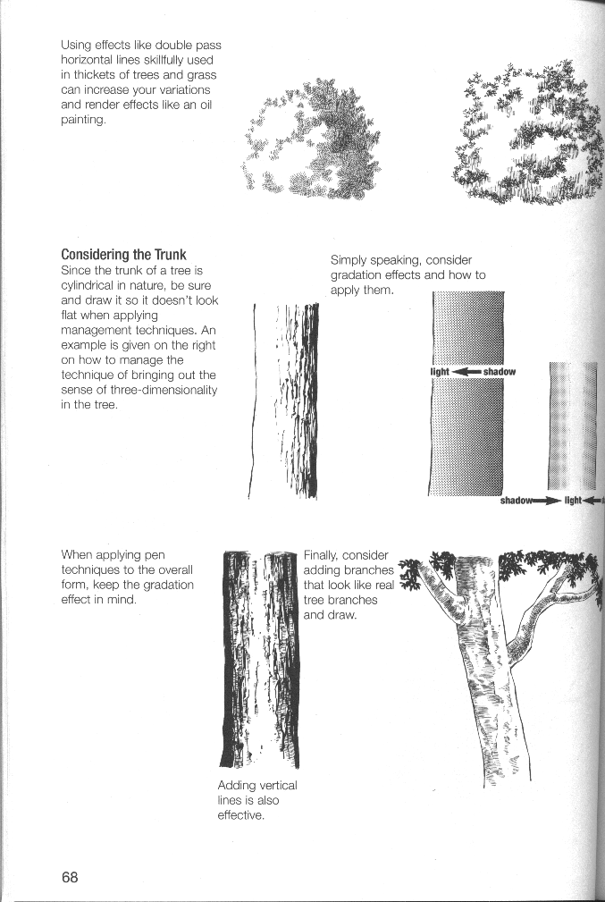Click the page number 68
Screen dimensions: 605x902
coord(70,877)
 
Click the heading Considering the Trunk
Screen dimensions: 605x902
coord(123,255)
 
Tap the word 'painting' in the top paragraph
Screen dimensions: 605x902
coord(83,120)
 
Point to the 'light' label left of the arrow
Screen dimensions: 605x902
coord(440,372)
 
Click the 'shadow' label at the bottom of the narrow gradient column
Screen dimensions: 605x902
coord(517,501)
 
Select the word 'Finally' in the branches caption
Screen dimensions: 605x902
coord(321,556)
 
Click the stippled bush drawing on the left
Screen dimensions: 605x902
coord(311,141)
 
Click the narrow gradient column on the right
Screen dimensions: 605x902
coord(573,426)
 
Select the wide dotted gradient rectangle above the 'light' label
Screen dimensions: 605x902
coord(468,328)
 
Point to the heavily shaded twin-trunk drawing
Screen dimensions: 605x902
coord(260,659)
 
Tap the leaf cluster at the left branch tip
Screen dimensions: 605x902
coord(409,576)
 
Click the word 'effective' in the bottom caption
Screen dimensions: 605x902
coord(240,815)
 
